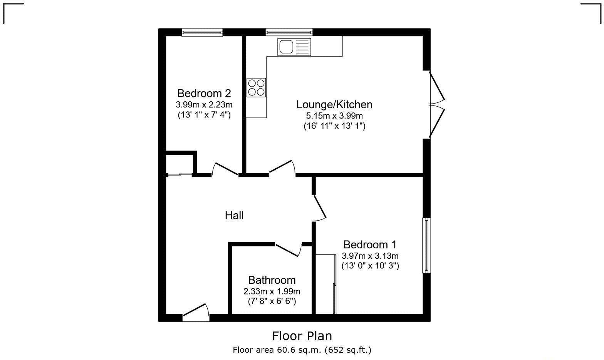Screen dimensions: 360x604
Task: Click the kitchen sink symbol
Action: (x=294, y=47)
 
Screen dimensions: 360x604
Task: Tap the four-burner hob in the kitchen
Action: (x=256, y=87)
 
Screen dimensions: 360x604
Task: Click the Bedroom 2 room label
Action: (x=204, y=94)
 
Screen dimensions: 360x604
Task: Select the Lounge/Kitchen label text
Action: (x=334, y=104)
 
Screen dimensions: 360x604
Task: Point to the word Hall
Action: (x=234, y=216)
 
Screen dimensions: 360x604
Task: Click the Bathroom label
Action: (x=272, y=280)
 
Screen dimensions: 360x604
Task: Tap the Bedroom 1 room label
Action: (x=370, y=244)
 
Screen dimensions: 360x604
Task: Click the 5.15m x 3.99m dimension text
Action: (x=334, y=116)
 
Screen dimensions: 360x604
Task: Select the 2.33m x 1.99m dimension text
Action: (x=272, y=291)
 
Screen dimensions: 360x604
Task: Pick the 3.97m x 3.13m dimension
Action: (x=370, y=256)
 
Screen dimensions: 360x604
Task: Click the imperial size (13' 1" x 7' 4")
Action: (x=204, y=115)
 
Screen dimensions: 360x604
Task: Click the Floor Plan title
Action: (x=302, y=336)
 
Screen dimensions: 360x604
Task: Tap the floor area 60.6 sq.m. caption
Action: (x=302, y=350)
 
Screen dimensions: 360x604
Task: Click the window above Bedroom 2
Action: (x=202, y=32)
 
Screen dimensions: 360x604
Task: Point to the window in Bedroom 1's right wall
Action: (x=426, y=246)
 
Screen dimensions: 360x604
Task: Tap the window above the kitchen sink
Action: (x=289, y=32)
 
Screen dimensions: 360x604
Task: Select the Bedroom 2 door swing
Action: (x=225, y=169)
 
